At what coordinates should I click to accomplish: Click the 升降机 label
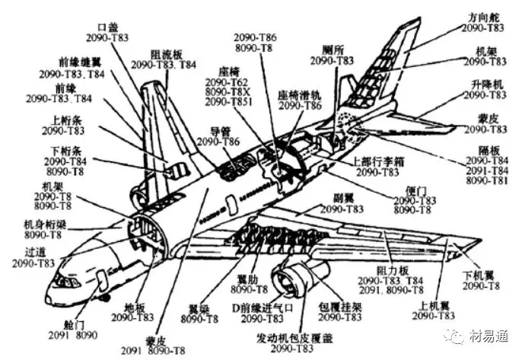click(x=487, y=84)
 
